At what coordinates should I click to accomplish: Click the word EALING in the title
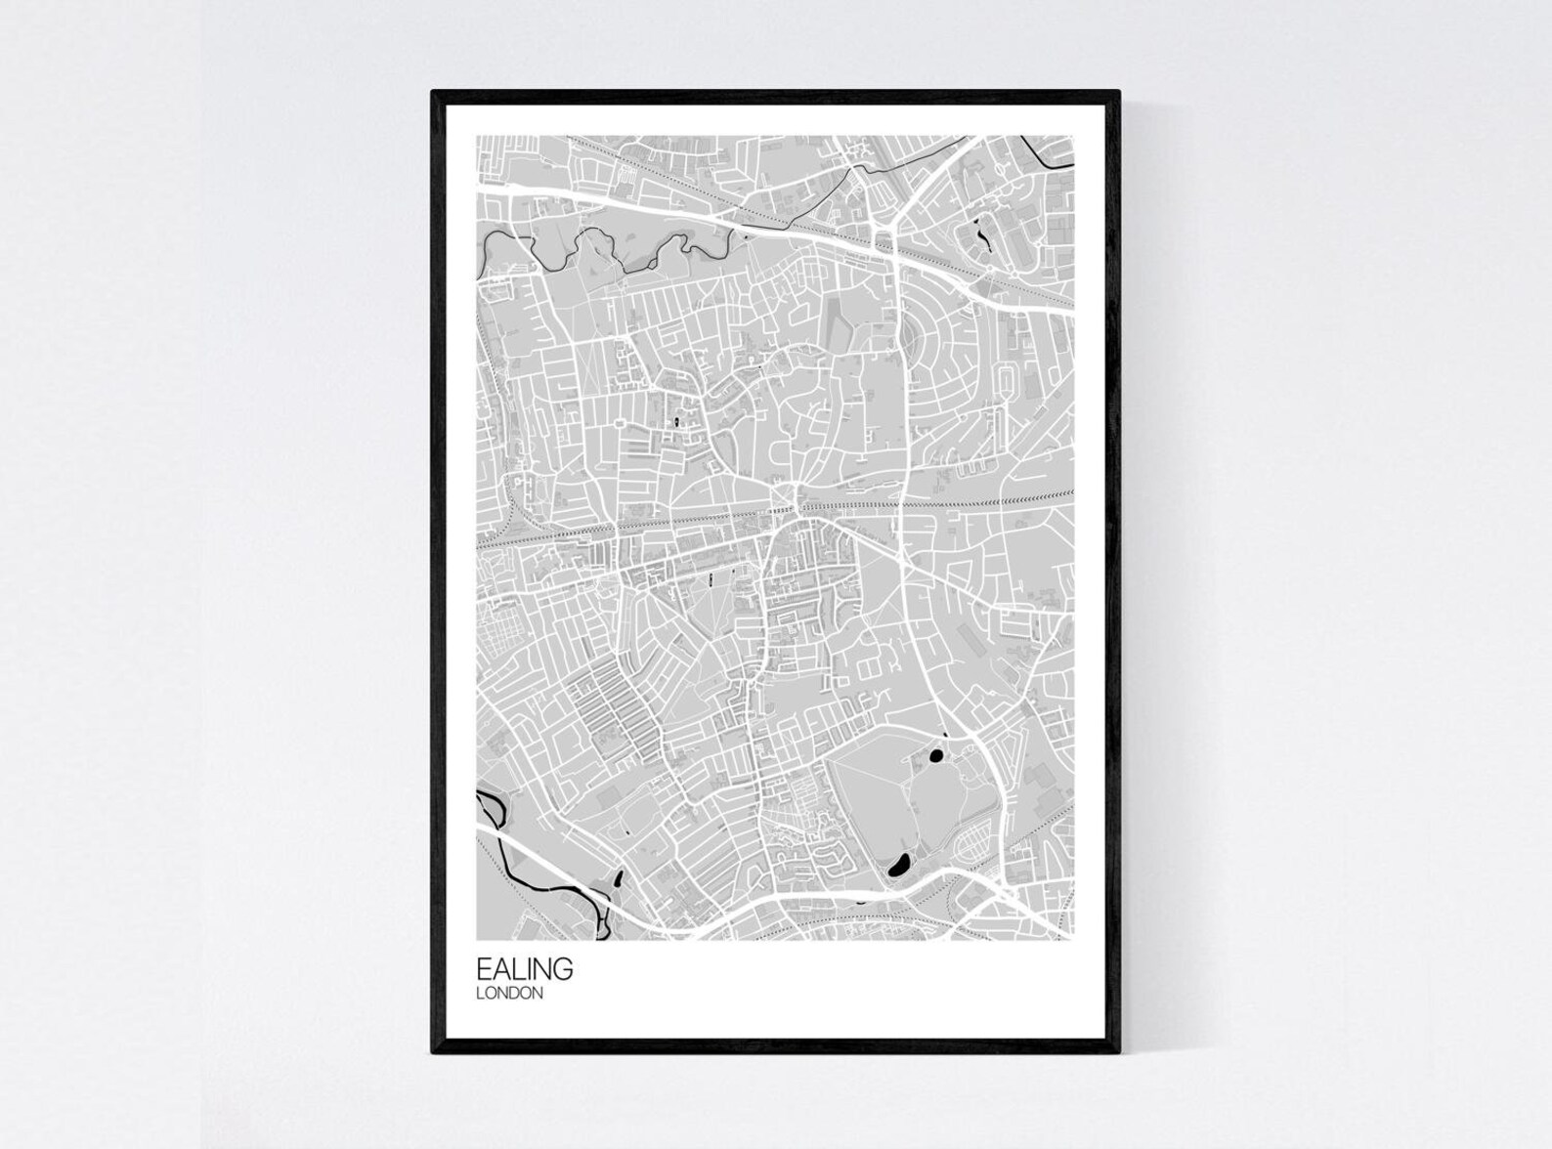click(x=524, y=969)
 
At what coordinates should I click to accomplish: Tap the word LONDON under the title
click(x=509, y=994)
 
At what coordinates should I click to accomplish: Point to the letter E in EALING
click(x=484, y=969)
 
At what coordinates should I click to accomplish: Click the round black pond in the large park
click(x=935, y=754)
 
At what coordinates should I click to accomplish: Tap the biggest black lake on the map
click(x=897, y=863)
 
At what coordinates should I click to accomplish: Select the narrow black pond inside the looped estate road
click(x=980, y=235)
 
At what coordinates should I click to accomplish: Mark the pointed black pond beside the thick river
click(x=617, y=880)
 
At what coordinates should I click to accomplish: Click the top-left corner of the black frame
click(x=434, y=93)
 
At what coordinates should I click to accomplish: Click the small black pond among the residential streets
click(x=673, y=422)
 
